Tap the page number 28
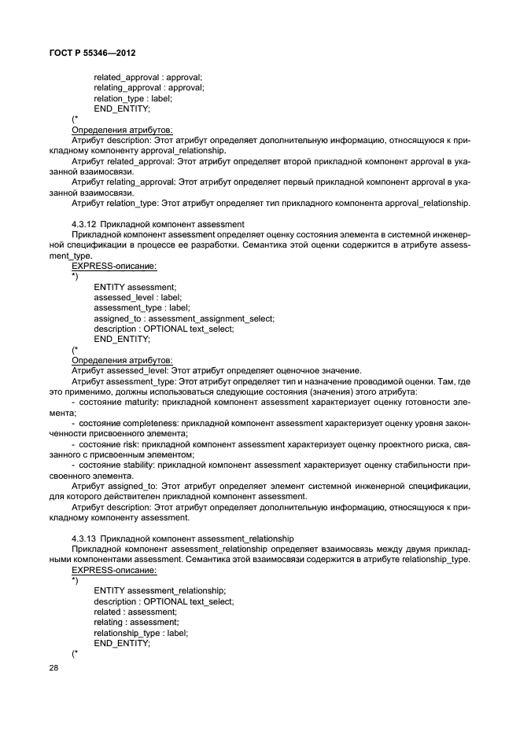[x=54, y=667]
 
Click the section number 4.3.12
[x=83, y=224]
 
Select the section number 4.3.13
[x=83, y=538]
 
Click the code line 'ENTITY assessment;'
[x=135, y=288]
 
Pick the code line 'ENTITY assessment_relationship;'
[x=160, y=590]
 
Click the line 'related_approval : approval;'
[x=148, y=77]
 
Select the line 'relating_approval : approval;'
[x=149, y=88]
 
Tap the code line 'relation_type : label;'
[x=133, y=98]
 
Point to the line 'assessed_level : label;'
[x=138, y=298]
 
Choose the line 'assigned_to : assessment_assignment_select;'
[x=184, y=318]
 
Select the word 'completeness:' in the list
[x=151, y=423]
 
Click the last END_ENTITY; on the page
[x=121, y=642]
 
